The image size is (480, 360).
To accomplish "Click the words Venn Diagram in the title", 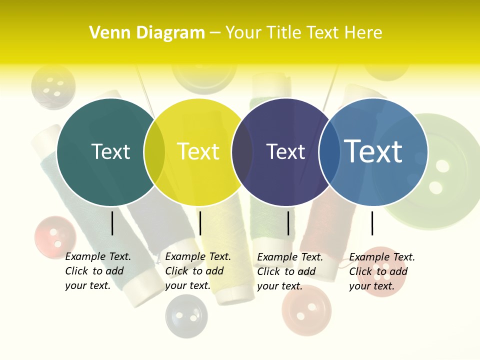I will pos(147,33).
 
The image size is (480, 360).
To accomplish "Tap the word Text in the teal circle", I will pos(110,151).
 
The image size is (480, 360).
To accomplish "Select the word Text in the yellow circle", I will pos(198,151).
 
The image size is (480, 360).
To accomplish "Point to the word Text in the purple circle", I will pos(285,151).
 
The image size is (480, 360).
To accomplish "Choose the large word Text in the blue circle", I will pos(373,151).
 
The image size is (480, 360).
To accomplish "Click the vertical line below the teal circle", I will pos(112,223).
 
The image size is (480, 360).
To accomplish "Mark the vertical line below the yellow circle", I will pos(200,223).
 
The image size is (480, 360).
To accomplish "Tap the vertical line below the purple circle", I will pos(288,223).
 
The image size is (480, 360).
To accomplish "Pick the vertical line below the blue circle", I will pos(372,223).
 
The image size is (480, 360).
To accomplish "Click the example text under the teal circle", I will pos(98,271).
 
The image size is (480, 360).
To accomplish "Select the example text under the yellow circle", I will pos(198,271).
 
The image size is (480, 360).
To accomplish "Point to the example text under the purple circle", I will pos(290,271).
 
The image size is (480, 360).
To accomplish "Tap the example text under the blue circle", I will pos(382,271).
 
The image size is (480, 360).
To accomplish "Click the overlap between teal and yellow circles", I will pos(154,152).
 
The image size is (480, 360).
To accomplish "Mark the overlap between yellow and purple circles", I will pos(242,152).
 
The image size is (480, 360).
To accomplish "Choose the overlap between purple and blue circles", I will pos(329,152).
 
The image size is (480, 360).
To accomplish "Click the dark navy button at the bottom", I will pos(186,316).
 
